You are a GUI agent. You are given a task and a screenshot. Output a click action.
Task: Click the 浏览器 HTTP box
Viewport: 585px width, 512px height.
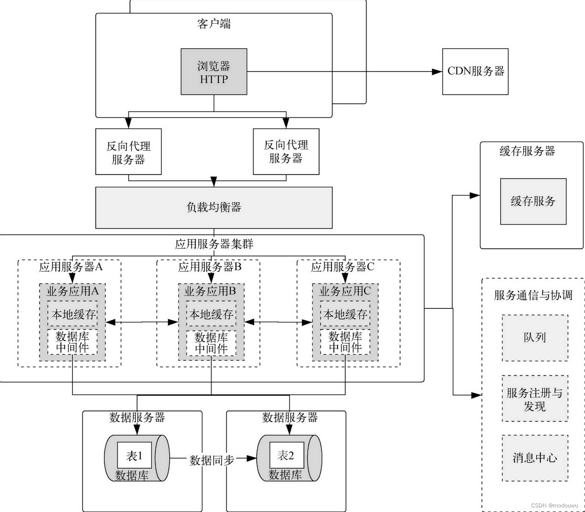click(x=214, y=72)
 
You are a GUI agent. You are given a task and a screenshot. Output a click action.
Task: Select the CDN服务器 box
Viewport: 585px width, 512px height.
click(x=475, y=72)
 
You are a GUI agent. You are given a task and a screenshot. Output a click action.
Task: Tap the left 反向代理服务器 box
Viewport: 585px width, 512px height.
click(x=128, y=152)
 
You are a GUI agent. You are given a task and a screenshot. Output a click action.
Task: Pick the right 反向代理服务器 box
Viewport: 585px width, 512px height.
click(x=286, y=152)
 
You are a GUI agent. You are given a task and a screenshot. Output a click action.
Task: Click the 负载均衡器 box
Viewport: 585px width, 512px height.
click(x=214, y=207)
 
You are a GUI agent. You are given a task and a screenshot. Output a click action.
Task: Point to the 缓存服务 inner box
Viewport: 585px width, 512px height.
click(x=533, y=201)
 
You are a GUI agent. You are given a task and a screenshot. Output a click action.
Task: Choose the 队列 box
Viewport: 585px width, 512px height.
click(x=535, y=338)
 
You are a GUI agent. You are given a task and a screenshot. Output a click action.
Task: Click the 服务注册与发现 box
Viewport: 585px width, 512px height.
click(x=535, y=399)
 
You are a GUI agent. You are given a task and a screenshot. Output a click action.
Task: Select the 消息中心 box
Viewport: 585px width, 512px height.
click(x=535, y=458)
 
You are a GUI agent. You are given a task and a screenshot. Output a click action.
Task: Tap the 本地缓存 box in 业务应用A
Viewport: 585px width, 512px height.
click(x=72, y=314)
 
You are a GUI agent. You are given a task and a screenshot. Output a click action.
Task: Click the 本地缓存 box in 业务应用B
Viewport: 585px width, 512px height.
click(x=211, y=314)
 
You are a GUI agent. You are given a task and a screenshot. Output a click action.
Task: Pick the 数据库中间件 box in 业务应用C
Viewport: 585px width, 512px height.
click(x=345, y=343)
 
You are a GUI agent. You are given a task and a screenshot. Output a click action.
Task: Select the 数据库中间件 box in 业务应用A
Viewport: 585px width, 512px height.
click(x=72, y=343)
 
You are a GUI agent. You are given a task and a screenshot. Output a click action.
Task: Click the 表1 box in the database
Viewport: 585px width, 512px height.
click(x=134, y=456)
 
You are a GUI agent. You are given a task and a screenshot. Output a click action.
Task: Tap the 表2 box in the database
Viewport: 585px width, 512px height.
click(x=286, y=455)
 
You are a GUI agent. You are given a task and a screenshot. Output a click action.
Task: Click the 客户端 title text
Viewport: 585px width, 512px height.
click(x=214, y=24)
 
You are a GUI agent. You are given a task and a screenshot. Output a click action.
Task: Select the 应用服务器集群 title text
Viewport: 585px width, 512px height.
click(x=214, y=244)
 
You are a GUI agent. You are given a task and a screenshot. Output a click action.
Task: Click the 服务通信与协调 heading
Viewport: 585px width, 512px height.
click(x=533, y=295)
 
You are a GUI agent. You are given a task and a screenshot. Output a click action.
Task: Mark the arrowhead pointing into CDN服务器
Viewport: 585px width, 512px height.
click(x=437, y=72)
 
